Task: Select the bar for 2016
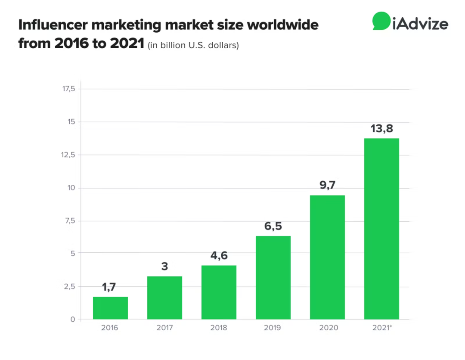[x=110, y=308]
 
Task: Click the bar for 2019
[x=273, y=277]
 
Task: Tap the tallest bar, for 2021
[x=381, y=229]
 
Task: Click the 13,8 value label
[x=381, y=128]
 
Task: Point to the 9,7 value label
[x=327, y=186]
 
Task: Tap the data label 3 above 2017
[x=164, y=267]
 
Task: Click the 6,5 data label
[x=273, y=227]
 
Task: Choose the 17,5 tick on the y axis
[x=69, y=89]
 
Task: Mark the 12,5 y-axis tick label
[x=69, y=155]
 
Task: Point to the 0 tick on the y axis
[x=73, y=319]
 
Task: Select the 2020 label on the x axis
[x=329, y=328]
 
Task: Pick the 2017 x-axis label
[x=164, y=328]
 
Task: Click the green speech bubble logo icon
[x=381, y=21]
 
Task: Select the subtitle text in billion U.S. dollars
[x=193, y=45]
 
